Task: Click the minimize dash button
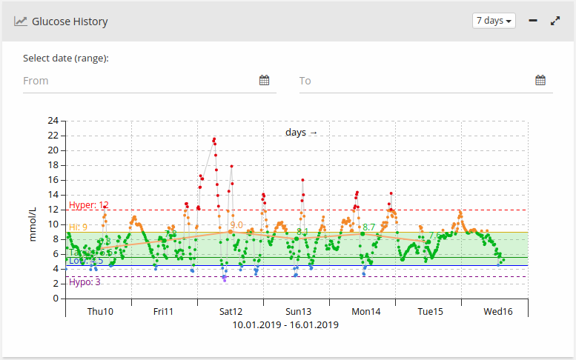coord(533,21)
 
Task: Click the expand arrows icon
coord(555,21)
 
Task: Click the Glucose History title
coord(70,21)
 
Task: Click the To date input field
coord(415,80)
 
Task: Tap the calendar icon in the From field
coord(265,80)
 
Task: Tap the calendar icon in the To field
coord(540,80)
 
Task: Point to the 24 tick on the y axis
coord(53,121)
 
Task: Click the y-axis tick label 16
coord(53,180)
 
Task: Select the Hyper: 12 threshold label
coord(89,205)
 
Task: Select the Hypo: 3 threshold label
coord(85,282)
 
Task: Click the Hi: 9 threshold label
coord(79,227)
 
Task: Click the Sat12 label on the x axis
coord(230,312)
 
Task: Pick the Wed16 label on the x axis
coord(498,312)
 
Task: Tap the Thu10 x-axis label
coord(100,312)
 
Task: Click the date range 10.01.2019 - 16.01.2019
coord(285,324)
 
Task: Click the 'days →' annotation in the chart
coord(301,133)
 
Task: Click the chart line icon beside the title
coord(21,21)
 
